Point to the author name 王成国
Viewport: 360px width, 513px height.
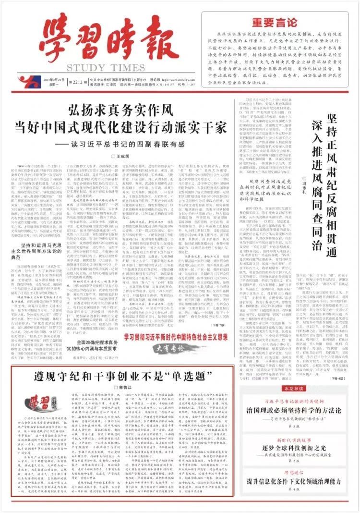pos(123,157)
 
